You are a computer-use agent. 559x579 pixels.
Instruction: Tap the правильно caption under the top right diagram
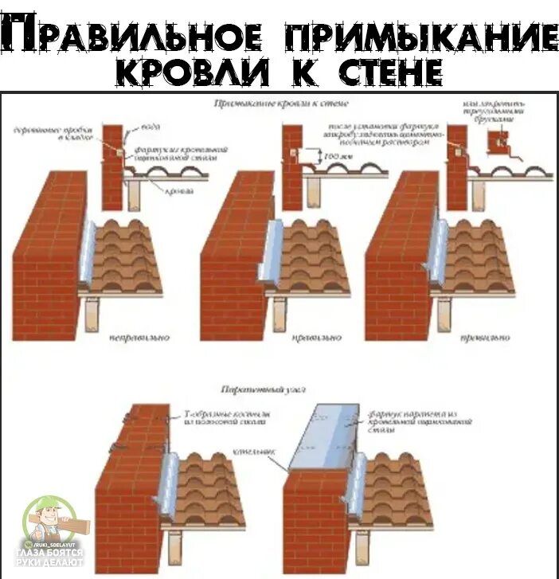pyautogui.click(x=483, y=338)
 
